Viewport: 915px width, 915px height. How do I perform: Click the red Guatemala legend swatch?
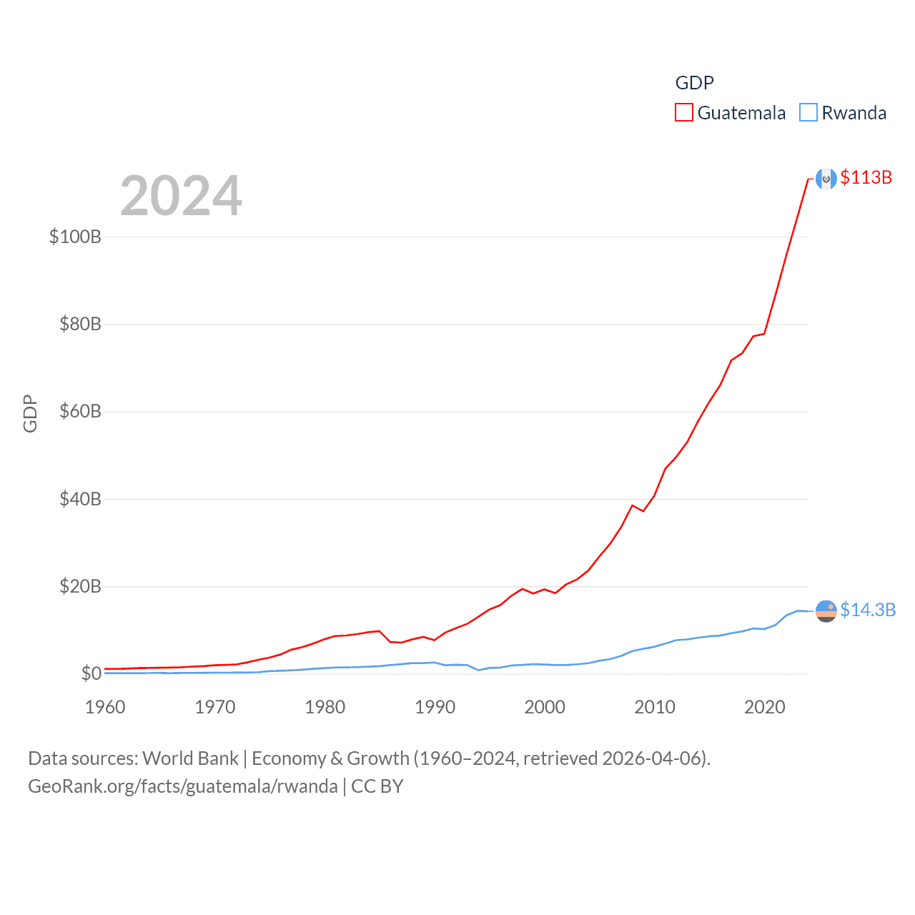pos(684,113)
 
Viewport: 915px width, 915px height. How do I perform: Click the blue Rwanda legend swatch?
pos(808,113)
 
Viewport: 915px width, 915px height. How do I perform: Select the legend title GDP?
pos(694,83)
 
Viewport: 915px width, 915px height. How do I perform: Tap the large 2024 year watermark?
pos(181,196)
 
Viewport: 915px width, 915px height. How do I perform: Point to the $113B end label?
pos(866,177)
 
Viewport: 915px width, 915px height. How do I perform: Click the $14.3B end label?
pos(868,610)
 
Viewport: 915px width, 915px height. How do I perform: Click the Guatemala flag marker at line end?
pos(826,179)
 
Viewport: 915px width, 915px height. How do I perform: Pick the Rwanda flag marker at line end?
pos(826,611)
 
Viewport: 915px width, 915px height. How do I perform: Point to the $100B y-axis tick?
pos(75,237)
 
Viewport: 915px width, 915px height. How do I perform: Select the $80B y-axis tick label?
pos(80,325)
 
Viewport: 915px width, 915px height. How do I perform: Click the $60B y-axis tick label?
pos(80,412)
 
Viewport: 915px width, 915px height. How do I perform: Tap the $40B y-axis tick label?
pos(80,499)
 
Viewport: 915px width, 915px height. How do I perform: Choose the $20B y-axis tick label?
pos(80,587)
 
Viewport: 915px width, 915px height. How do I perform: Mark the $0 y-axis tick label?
pos(91,674)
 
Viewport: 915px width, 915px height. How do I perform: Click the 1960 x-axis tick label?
pos(105,707)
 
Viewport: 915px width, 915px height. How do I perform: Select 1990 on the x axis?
pos(435,707)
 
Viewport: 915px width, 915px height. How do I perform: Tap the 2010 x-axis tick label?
pos(655,707)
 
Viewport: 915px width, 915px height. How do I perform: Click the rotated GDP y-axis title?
pos(30,413)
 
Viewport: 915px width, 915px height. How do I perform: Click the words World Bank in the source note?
pos(190,758)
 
